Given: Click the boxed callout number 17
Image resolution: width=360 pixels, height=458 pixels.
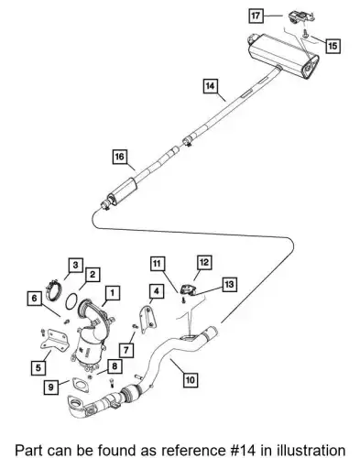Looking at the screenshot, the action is (x=256, y=16).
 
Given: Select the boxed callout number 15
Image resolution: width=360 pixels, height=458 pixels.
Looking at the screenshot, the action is (x=333, y=46).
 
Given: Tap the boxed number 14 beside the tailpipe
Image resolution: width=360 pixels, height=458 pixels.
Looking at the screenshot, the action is (x=210, y=86).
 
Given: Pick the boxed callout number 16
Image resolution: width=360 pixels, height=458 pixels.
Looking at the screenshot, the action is (x=119, y=157).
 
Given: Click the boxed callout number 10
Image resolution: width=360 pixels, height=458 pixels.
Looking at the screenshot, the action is (x=190, y=380).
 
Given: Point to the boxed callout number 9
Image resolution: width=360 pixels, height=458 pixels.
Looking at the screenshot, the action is (x=51, y=387).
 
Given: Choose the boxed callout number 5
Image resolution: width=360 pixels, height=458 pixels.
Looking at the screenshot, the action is (x=38, y=367).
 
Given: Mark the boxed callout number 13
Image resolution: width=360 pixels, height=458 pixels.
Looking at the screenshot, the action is (x=229, y=285).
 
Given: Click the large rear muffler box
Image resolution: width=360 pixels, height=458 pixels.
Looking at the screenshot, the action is (x=282, y=55).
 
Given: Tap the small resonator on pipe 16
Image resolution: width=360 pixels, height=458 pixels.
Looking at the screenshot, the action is (x=123, y=191).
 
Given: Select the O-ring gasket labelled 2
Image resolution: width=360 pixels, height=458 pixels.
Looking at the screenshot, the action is (x=71, y=300).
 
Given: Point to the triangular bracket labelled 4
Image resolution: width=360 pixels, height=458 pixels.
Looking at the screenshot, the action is (x=146, y=318).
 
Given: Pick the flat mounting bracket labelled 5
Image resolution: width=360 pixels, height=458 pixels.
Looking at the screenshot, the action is (x=54, y=341).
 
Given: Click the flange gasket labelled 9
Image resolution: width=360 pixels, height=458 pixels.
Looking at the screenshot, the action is (x=80, y=384).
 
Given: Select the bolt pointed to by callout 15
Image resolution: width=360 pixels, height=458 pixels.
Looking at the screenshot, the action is (x=305, y=33).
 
